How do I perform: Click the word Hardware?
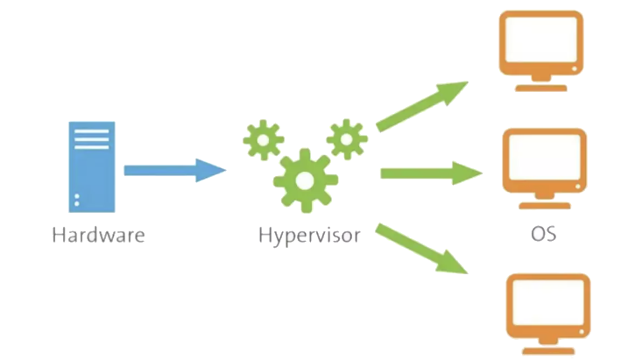click(x=98, y=235)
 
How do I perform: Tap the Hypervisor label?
click(x=309, y=235)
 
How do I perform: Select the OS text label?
click(x=543, y=235)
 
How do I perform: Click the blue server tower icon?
click(x=92, y=166)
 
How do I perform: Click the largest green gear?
click(x=305, y=180)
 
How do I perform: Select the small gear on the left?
click(x=263, y=139)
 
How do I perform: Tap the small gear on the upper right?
click(x=347, y=138)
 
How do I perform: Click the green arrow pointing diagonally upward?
click(x=420, y=107)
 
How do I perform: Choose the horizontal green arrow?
click(x=429, y=173)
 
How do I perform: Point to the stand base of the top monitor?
click(x=540, y=88)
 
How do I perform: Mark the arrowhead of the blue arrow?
click(x=210, y=170)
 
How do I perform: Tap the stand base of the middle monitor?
click(x=544, y=207)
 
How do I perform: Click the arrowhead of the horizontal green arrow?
click(x=468, y=173)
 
